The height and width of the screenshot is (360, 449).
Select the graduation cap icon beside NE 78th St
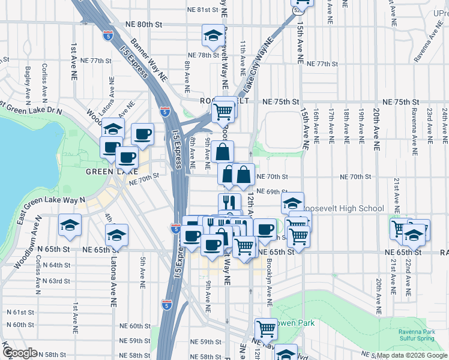coord(213,36)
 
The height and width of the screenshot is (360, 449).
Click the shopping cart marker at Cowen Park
coord(265,328)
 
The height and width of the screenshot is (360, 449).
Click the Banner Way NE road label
coord(149,60)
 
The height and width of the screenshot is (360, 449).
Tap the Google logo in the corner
coord(19,353)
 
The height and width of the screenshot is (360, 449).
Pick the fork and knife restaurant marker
coord(229,202)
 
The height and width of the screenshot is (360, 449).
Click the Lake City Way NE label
coord(257,62)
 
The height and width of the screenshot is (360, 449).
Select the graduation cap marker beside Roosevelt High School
coord(292,203)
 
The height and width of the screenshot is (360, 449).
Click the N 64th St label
coord(56,265)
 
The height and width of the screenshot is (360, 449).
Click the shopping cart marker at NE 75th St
coord(223,111)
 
